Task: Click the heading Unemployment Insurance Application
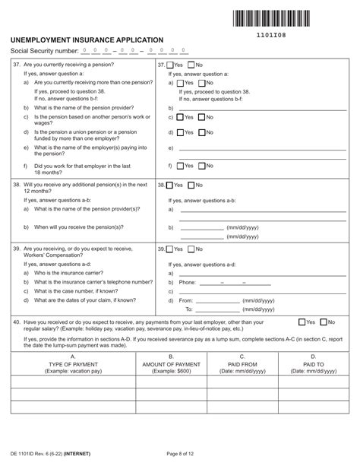click(87, 39)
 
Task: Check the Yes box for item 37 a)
click(180, 82)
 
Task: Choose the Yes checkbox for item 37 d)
click(180, 132)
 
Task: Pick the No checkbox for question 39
click(190, 249)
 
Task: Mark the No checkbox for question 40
click(322, 322)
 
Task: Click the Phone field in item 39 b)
click(224, 282)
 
